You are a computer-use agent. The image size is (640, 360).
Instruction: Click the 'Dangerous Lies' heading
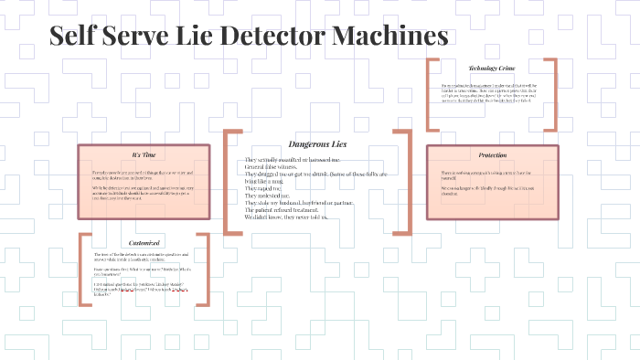pos(316,144)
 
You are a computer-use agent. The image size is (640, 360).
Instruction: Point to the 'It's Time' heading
pos(144,154)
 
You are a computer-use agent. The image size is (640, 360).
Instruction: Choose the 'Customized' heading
pos(144,243)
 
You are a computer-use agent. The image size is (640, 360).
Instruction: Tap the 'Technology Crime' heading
pos(492,69)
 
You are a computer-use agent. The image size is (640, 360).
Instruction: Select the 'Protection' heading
pos(492,154)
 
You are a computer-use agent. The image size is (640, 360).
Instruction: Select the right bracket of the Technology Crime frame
pos(553,94)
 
